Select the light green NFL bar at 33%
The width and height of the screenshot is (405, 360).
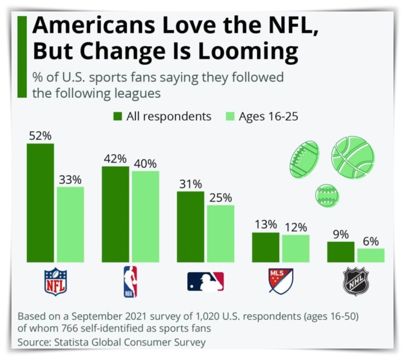pos(70,224)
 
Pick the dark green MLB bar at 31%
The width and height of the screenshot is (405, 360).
pos(190,226)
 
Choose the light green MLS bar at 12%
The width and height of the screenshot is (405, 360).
pos(296,248)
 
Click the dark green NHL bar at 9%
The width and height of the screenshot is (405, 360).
pos(341,251)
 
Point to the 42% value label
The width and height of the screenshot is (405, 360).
pos(115,159)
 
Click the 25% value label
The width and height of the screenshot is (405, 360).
pos(221,197)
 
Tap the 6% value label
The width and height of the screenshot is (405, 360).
pos(371,241)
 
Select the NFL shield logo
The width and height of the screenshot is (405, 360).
pos(55,281)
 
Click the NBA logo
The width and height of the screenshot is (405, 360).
pos(130,281)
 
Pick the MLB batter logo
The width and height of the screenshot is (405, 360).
pos(205,281)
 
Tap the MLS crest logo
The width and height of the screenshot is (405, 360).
pos(281,281)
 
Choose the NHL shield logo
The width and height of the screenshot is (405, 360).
pos(356,281)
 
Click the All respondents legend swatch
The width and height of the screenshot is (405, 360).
pos(117,116)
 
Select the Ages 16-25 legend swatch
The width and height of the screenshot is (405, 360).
pos(230,116)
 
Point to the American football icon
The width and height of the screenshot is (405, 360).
pos(304,158)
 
